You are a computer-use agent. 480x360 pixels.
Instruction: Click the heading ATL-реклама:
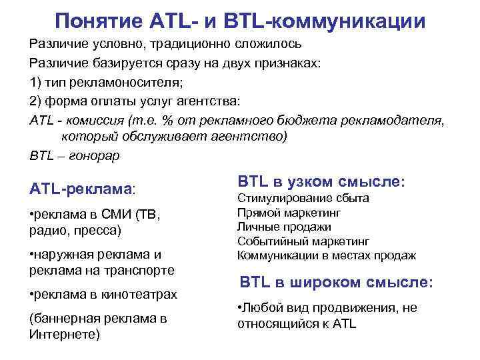pos(83,189)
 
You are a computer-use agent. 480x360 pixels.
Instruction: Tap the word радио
pos(45,231)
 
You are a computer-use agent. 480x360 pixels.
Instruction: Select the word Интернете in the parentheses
pos(65,333)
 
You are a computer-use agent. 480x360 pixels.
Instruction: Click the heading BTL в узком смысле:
pos(321,181)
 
